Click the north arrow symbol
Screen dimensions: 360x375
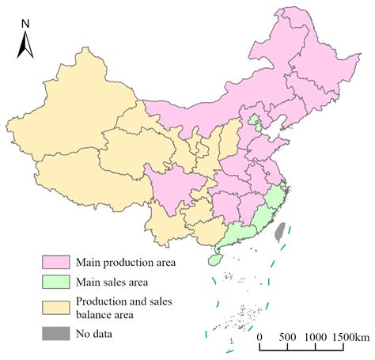coord(25,46)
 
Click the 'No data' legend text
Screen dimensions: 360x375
coord(94,333)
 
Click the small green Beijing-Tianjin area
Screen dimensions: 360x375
coord(255,122)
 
